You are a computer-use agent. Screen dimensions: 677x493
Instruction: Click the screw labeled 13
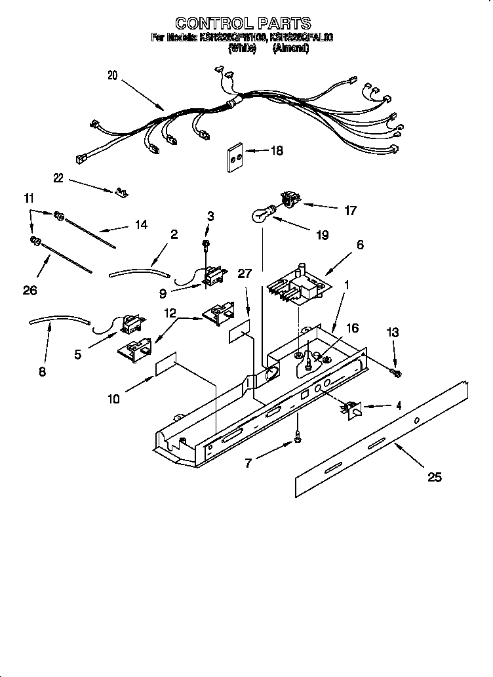396,373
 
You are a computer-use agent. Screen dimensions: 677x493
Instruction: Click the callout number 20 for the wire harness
112,75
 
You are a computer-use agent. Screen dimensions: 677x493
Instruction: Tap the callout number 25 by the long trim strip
434,477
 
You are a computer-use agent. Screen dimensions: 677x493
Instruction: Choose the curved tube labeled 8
58,321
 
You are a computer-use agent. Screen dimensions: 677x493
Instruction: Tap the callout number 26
30,290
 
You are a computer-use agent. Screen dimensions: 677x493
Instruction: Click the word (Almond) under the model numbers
290,48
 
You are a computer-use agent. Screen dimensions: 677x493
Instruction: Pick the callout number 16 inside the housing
352,328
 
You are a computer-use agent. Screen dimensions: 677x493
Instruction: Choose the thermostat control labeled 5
131,323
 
